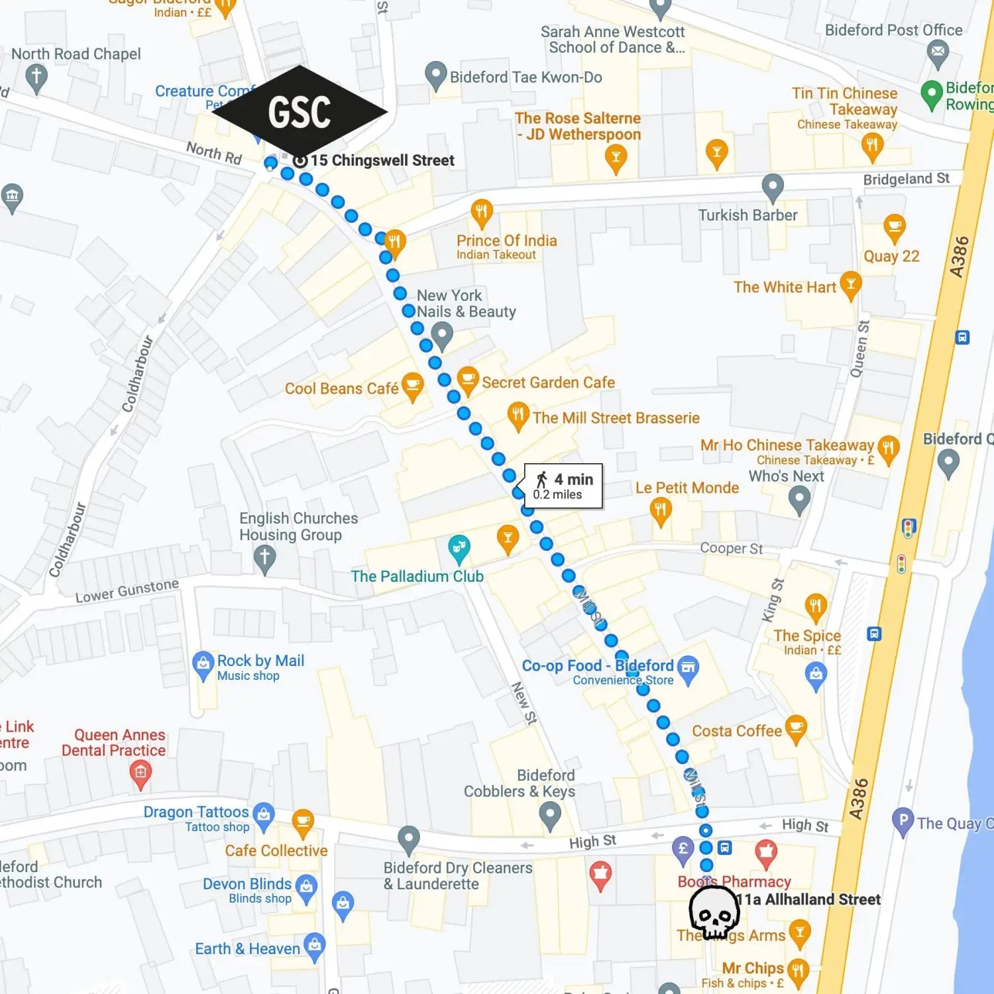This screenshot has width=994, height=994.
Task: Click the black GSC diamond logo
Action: pos(300,111)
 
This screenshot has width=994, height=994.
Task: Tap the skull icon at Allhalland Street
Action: pos(714,913)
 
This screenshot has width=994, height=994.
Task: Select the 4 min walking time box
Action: pos(563,486)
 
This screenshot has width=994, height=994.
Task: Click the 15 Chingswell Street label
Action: pos(382,160)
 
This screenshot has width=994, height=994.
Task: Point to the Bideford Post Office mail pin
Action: pos(938,52)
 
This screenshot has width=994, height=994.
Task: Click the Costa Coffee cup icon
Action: pos(796,728)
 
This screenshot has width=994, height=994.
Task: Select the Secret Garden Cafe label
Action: pos(547,382)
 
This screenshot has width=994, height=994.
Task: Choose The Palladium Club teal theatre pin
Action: pos(459,548)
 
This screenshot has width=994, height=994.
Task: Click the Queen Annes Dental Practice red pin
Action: pos(140,773)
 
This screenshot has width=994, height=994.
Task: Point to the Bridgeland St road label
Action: pos(906,179)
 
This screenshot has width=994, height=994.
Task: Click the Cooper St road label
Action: pos(731,548)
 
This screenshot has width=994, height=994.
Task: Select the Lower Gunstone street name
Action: pos(127,590)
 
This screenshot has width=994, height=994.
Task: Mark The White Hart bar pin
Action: pos(850,284)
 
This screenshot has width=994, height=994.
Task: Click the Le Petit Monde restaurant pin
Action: pos(660,510)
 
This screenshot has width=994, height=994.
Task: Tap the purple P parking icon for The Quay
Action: pos(903,821)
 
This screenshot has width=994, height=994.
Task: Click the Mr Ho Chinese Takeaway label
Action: pos(787,445)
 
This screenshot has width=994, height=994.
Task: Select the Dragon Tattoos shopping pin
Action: pos(264,815)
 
